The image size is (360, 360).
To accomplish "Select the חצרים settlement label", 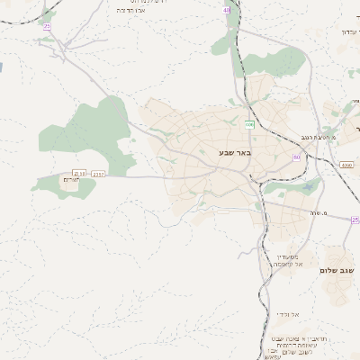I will pyautogui.click(x=70, y=181).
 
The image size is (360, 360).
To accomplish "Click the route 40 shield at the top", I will pyautogui.click(x=226, y=10).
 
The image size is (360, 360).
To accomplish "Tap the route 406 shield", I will pyautogui.click(x=249, y=123).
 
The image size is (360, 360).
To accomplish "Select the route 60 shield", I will pyautogui.click(x=297, y=157).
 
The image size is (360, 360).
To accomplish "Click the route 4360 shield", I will pyautogui.click(x=346, y=166).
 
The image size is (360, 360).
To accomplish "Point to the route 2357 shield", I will pyautogui.click(x=98, y=174).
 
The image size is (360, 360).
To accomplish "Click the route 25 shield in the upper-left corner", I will pyautogui.click(x=46, y=27).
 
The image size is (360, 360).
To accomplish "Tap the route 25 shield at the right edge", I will pyautogui.click(x=355, y=220).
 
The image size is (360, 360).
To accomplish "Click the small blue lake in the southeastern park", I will pyautogui.click(x=310, y=186).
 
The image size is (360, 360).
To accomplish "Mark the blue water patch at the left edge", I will pyautogui.click(x=2, y=67).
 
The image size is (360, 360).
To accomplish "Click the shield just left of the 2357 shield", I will pyautogui.click(x=79, y=173).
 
